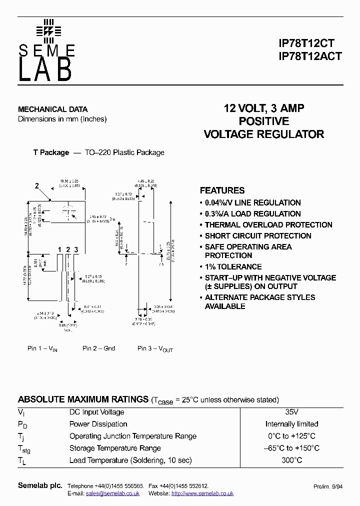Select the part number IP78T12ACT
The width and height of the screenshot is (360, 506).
pyautogui.click(x=310, y=56)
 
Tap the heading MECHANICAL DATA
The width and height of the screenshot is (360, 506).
pyautogui.click(x=52, y=109)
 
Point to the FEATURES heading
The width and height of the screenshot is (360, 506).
pyautogui.click(x=222, y=190)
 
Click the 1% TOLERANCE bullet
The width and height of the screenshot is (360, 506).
pyautogui.click(x=233, y=267)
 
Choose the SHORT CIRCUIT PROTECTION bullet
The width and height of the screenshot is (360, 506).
pyautogui.click(x=258, y=236)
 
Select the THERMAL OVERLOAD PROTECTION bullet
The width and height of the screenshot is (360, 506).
pyautogui.click(x=268, y=225)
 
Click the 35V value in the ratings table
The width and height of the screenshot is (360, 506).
pyautogui.click(x=291, y=412)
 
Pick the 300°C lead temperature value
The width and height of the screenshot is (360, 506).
pyautogui.click(x=291, y=460)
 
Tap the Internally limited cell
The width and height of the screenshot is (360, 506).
pyautogui.click(x=291, y=424)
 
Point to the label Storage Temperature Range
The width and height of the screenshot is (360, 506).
pyautogui.click(x=115, y=448)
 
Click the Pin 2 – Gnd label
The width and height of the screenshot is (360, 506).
pyautogui.click(x=98, y=348)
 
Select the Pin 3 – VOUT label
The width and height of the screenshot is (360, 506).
pyautogui.click(x=155, y=349)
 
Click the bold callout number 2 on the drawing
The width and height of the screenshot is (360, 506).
pyautogui.click(x=36, y=186)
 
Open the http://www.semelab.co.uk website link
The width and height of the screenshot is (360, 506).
pyautogui.click(x=202, y=493)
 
